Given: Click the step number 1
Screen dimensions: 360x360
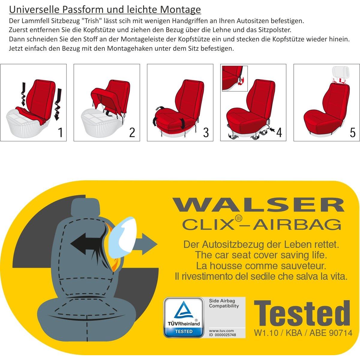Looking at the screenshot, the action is pos(60,132).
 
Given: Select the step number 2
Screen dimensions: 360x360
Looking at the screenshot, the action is pos(132,132).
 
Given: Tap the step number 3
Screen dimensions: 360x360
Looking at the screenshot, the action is pos(206,132).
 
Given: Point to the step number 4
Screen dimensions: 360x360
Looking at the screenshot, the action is pos(279,132).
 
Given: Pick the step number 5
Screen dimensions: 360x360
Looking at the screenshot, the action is pos(352,132).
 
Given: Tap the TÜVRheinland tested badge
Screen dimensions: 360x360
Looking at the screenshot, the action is pos(184,317).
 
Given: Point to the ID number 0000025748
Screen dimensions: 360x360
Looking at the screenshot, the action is pos(225,335).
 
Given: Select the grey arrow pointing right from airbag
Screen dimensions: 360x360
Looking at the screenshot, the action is pos(146,244).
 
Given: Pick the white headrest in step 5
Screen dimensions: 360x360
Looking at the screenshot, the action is pos(340,72).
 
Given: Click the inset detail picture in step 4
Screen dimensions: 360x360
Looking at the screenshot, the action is pos(235,79).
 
